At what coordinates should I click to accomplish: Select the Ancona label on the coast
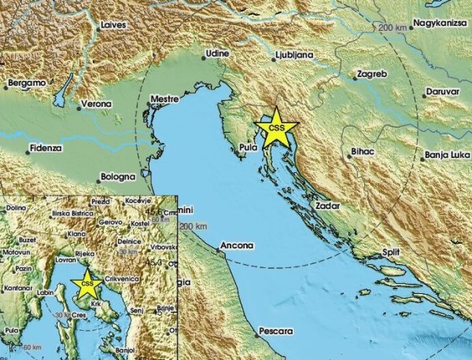click(x=237, y=246)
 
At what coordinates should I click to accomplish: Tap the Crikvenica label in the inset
click(x=120, y=278)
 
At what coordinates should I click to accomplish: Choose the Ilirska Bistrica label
click(x=69, y=211)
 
